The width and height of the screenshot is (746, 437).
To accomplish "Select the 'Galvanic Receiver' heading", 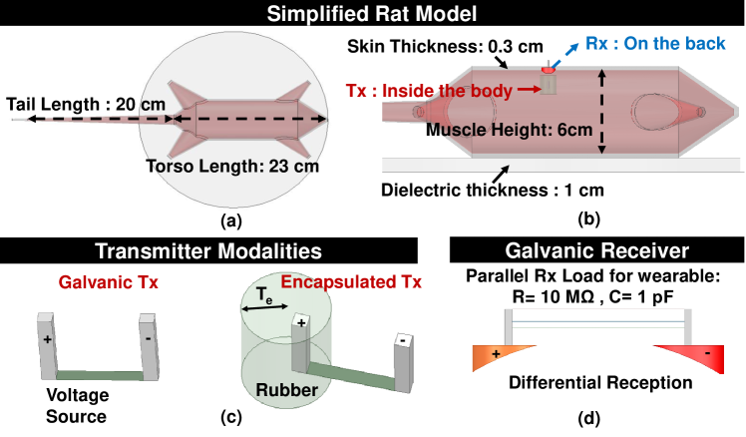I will click(x=595, y=248).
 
